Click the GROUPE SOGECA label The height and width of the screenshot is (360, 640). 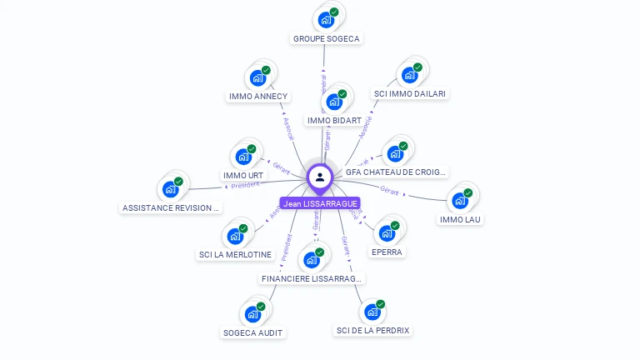click(x=327, y=38)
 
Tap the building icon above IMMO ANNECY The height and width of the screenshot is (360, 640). click(x=258, y=78)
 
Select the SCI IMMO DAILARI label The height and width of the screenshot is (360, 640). click(x=409, y=94)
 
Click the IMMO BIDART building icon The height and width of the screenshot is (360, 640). click(x=334, y=102)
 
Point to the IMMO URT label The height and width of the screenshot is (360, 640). click(x=243, y=176)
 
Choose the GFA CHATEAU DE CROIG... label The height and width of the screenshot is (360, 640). click(x=396, y=172)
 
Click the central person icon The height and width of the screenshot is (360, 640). click(x=320, y=177)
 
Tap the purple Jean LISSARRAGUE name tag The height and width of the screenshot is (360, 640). click(x=320, y=203)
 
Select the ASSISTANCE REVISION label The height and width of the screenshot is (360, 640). click(x=171, y=207)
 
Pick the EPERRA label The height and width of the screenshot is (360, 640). click(x=387, y=252)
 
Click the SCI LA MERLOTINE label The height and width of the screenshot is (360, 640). click(x=235, y=254)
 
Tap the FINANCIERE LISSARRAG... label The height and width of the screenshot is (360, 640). click(x=312, y=278)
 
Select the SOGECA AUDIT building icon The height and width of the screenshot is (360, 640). click(x=252, y=314)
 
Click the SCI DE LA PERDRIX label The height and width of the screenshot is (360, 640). click(x=372, y=331)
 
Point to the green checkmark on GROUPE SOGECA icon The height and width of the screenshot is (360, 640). click(x=334, y=12)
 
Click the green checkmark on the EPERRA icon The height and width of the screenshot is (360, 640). click(x=395, y=225)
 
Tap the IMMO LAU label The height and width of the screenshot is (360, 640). click(x=460, y=220)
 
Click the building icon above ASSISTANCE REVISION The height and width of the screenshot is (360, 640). click(x=171, y=189)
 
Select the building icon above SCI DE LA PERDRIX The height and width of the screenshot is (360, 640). click(x=372, y=312)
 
